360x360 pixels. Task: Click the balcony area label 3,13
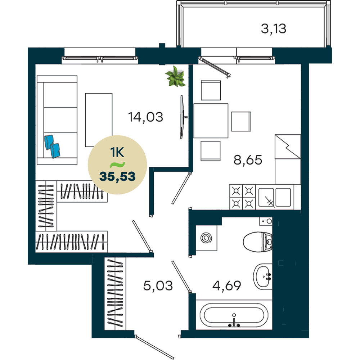274,29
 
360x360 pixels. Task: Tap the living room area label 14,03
145,117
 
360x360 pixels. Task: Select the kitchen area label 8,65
248,160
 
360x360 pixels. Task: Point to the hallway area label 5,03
158,286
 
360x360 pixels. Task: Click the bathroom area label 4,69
226,286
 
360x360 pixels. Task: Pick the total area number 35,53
117,176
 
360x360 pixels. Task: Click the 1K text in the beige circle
117,152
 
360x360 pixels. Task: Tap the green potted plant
175,76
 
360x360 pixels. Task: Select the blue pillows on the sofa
52,146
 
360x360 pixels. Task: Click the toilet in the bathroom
258,242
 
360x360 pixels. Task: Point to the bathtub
234,315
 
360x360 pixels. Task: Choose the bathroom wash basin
263,276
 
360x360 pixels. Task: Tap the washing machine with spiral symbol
206,238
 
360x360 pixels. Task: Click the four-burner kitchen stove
242,197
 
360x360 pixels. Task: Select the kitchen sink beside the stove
275,197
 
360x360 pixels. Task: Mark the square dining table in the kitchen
211,121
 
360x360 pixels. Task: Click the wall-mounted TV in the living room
182,117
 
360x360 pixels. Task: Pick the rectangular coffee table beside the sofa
99,120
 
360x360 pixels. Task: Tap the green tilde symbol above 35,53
117,165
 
